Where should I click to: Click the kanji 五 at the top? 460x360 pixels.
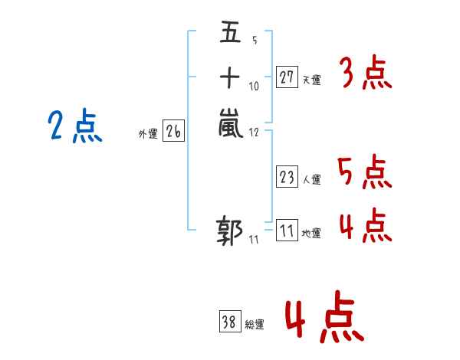click(x=229, y=35)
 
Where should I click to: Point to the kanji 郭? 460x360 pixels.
click(x=230, y=232)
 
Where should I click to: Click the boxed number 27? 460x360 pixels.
click(x=287, y=77)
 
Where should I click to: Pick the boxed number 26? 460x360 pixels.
click(x=173, y=132)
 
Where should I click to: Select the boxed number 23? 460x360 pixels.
click(x=287, y=178)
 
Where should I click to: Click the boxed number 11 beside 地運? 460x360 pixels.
click(x=287, y=231)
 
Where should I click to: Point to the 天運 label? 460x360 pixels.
click(x=312, y=80)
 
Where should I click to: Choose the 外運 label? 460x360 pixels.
click(x=148, y=134)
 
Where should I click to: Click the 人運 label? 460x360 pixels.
click(x=312, y=180)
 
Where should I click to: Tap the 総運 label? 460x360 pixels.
click(x=255, y=325)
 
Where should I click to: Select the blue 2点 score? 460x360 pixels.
click(x=74, y=126)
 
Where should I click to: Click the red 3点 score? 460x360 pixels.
click(x=365, y=74)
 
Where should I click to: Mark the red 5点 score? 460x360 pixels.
click(x=365, y=172)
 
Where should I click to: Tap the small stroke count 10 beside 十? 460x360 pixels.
click(x=255, y=86)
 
